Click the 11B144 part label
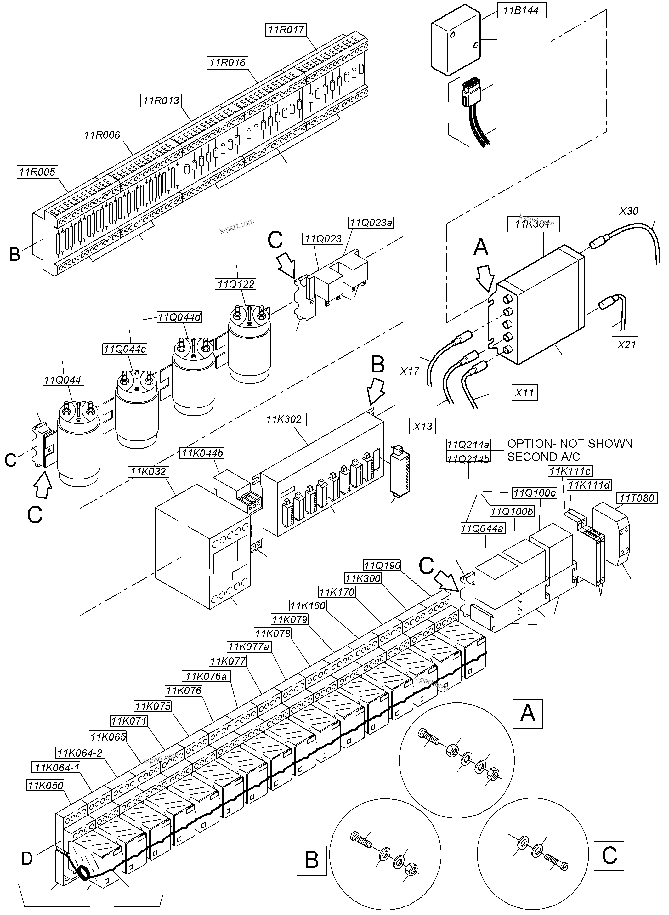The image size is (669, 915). (521, 10)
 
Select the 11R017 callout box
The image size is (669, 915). (286, 30)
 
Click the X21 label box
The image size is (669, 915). (626, 345)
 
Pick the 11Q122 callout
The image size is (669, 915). (236, 284)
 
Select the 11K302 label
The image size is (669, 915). (284, 419)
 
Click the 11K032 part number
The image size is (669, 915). (149, 471)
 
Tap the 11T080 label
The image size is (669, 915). (637, 498)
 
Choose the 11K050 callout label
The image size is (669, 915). (46, 785)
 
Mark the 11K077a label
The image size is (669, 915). (249, 646)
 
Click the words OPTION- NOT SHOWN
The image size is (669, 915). (570, 444)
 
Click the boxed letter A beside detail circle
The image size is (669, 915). (527, 713)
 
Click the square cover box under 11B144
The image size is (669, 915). (455, 41)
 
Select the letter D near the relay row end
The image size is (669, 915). (27, 858)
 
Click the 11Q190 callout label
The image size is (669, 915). (382, 565)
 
